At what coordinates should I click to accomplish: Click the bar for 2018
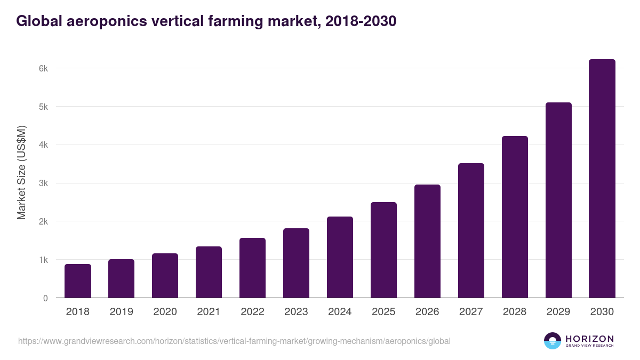(x=78, y=281)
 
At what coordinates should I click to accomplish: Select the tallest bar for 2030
(x=602, y=179)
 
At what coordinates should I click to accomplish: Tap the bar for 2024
(x=340, y=257)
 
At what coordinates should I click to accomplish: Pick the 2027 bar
(x=471, y=230)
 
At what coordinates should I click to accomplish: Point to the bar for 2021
(x=209, y=272)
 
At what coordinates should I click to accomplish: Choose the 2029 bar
(x=558, y=200)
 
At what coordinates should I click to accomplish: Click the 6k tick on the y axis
(x=43, y=68)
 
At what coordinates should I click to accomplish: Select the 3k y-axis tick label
(x=43, y=183)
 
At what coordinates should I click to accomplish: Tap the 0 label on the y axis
(x=45, y=298)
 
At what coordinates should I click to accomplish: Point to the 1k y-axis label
(x=43, y=260)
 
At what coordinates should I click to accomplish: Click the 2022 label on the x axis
(x=252, y=312)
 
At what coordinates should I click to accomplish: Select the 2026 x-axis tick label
(x=427, y=312)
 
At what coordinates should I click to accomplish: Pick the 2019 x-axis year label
(x=121, y=312)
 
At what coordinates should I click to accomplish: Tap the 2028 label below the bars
(x=515, y=312)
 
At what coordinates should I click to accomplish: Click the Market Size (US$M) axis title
(x=21, y=172)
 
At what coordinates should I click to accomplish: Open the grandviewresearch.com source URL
(x=234, y=341)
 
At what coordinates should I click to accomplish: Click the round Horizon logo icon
(x=552, y=341)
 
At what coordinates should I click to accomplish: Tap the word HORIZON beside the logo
(x=589, y=339)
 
